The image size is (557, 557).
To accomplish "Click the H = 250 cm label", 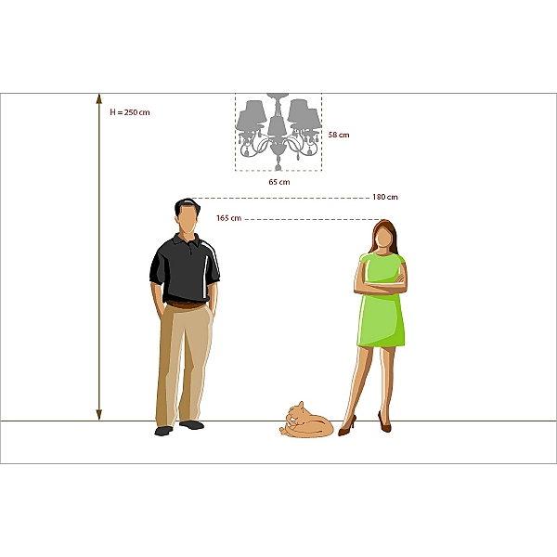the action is coord(130,112).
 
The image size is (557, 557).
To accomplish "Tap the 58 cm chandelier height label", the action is coord(339,135).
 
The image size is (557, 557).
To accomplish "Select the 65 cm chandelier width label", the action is coord(279,182).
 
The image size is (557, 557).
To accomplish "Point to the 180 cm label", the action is coord(385,197).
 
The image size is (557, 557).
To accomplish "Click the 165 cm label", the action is coord(228,218).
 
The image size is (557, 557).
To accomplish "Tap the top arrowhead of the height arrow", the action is coord(99,98).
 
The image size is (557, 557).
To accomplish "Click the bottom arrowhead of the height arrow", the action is coord(99,415).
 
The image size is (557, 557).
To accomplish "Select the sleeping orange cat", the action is coord(306,421).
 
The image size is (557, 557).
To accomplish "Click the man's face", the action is coord(188,219).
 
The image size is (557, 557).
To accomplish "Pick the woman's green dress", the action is coord(382,300).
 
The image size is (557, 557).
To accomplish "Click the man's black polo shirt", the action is coord(185,268).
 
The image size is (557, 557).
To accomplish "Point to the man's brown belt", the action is coord(186,304).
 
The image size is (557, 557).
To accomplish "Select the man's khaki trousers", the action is coord(184,364).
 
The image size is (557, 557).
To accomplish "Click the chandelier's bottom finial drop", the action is coord(278,164).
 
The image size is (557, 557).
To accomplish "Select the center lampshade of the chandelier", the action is coord(277,125).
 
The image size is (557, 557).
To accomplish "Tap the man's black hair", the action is coord(187,206).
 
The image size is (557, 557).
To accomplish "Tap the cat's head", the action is coord(295,414).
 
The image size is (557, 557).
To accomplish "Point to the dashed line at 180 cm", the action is coord(280,198).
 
